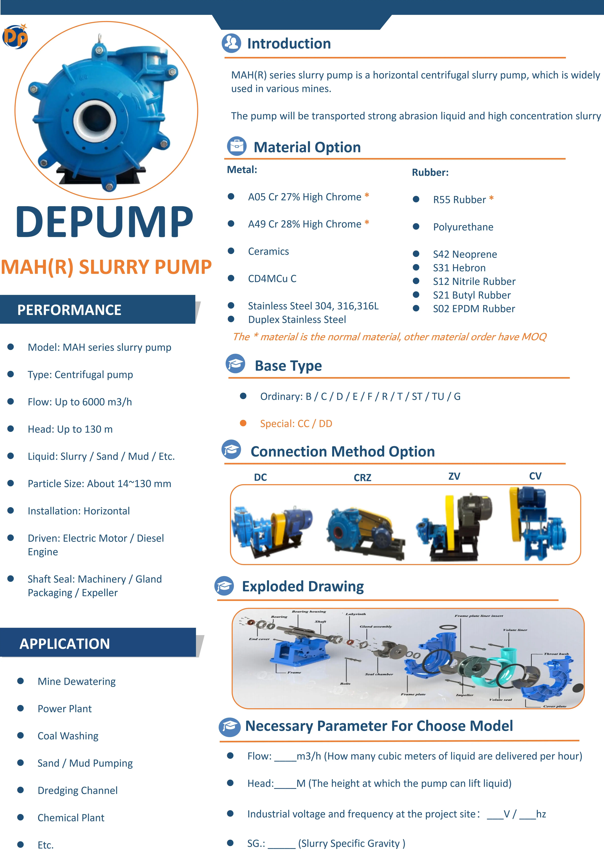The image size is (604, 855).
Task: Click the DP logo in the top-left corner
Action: tap(15, 36)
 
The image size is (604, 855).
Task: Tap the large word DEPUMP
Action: tap(104, 222)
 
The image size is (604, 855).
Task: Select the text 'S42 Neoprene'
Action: tap(465, 254)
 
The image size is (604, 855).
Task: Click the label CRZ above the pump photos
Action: tap(362, 477)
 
